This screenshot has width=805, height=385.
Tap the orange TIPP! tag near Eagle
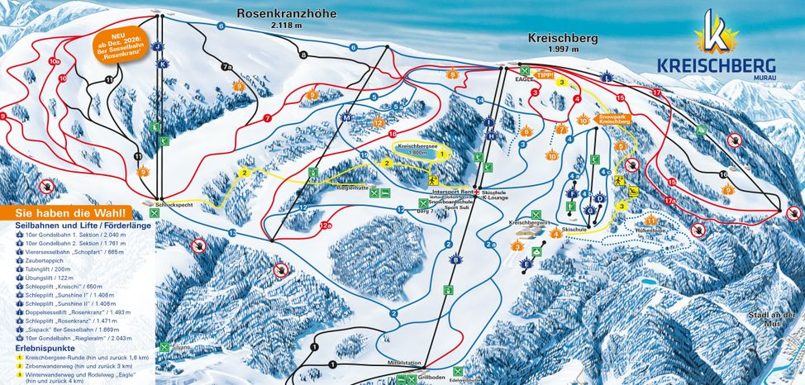click(543, 74)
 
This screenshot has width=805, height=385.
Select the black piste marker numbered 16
click(723, 175)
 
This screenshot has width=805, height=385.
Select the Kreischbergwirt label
click(530, 223)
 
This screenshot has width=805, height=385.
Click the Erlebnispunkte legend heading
click(40, 347)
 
